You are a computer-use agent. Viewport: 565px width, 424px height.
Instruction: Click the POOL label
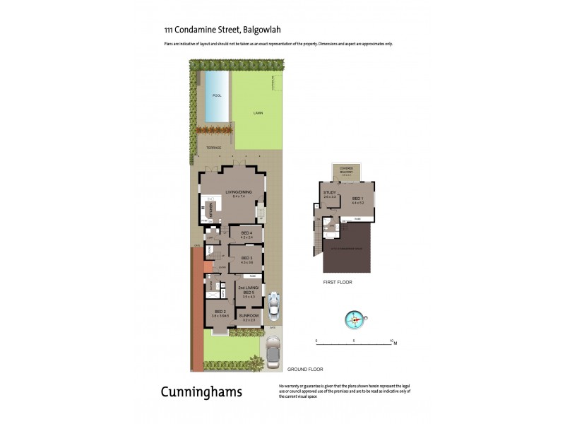pos(217,94)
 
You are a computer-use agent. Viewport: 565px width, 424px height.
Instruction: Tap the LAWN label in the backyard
pos(258,113)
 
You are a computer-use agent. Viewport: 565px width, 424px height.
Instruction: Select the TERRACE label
pos(213,148)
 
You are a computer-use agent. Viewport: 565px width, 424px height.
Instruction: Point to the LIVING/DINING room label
pos(238,192)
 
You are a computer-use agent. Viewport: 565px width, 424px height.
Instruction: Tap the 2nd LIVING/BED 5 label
pos(248,290)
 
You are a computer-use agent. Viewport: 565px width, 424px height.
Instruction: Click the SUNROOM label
pos(248,317)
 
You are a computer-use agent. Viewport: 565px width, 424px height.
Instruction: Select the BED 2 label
pos(220,312)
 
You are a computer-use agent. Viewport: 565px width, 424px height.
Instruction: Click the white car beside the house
pos(274,306)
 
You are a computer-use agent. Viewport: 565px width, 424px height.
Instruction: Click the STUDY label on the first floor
pos(329,192)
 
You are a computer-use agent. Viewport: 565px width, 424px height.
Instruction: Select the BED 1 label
pos(357,199)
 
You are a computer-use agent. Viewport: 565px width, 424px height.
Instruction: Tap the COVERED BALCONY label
pos(347,169)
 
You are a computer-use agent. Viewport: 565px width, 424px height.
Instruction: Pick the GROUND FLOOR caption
pos(305,369)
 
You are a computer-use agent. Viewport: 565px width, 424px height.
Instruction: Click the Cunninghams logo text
pos(201,391)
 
